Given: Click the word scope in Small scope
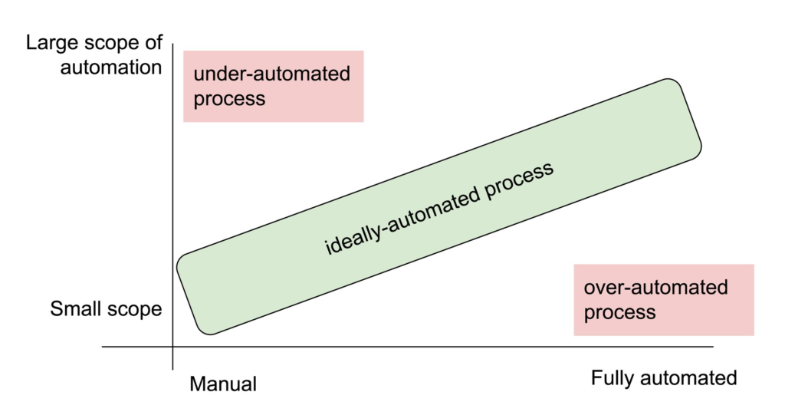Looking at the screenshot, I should [135, 309].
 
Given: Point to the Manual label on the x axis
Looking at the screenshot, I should [223, 384].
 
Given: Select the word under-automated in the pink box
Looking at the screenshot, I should [271, 74].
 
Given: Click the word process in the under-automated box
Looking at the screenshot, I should [229, 99].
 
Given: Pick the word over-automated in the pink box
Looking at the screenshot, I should [655, 288].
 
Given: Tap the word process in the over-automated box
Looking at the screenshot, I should [619, 312].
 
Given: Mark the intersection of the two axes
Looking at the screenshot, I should [173, 347].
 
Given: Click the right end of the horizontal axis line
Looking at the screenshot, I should [712, 347].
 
